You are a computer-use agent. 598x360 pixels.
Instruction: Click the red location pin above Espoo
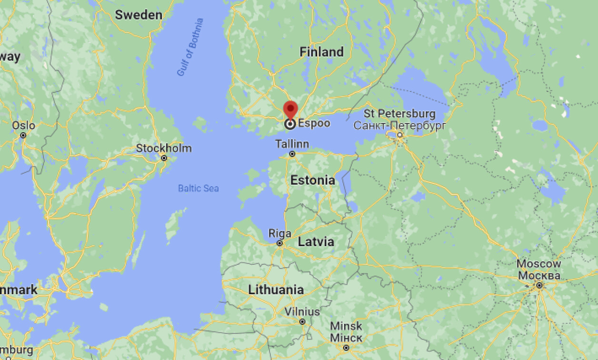tap(290, 109)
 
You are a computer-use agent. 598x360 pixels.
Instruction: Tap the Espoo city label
tap(314, 123)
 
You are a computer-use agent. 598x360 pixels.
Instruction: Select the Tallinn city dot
tap(292, 154)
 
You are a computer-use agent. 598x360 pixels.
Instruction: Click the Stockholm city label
tap(164, 148)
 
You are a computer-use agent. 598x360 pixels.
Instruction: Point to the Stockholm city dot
tap(164, 158)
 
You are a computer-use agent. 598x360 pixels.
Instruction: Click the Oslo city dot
tap(23, 135)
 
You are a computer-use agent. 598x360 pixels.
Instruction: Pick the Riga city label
tap(279, 233)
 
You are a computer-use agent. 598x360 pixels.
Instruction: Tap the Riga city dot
tap(280, 243)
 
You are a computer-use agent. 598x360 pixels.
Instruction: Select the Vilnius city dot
tap(302, 322)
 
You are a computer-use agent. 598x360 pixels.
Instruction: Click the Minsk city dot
tap(346, 348)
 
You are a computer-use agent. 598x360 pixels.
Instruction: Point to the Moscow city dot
tap(539, 285)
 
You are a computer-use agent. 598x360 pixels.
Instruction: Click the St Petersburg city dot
tap(400, 135)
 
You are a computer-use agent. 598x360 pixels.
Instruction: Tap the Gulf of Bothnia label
tap(190, 47)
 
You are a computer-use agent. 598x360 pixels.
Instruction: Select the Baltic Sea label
tap(199, 188)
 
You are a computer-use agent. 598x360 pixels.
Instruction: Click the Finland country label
tap(321, 52)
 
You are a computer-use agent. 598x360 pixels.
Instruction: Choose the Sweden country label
tap(139, 15)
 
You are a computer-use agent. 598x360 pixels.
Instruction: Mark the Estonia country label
tap(312, 180)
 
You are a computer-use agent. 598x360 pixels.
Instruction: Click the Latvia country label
tap(316, 241)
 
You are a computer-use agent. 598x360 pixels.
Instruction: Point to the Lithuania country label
tap(276, 290)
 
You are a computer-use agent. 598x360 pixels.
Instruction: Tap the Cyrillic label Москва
tap(539, 275)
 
